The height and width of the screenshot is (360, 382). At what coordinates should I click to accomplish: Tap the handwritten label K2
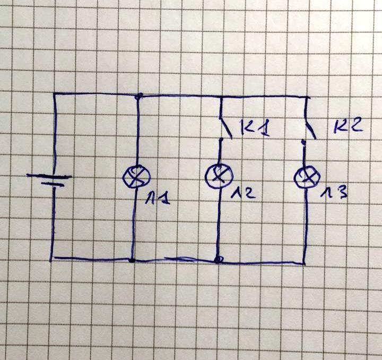point(349,126)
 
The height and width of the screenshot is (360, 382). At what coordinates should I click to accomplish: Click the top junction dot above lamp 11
point(139,96)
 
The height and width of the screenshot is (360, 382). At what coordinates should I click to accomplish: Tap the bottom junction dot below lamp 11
point(131,261)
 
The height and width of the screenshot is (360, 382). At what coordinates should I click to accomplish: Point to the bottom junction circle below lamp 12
point(218,260)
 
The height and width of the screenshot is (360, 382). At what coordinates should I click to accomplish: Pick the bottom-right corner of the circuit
point(305,262)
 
